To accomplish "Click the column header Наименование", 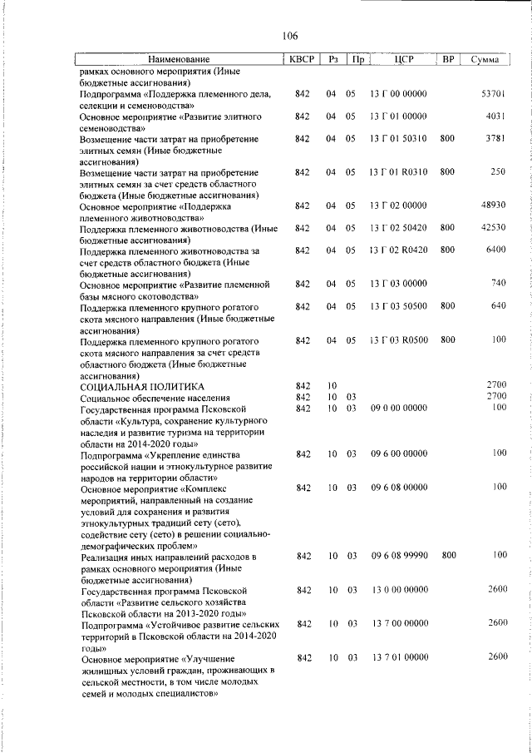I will (179, 60).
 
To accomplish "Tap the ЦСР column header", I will (398, 60).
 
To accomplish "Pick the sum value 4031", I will (496, 116).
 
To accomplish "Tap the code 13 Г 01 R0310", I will (398, 172).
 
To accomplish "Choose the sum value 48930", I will (493, 205).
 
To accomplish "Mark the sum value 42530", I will (493, 227).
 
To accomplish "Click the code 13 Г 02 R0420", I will (398, 250).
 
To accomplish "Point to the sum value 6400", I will (496, 250).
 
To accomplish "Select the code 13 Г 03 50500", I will (398, 306).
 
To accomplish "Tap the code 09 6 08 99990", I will (398, 554).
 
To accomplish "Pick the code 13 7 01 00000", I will (398, 658).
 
